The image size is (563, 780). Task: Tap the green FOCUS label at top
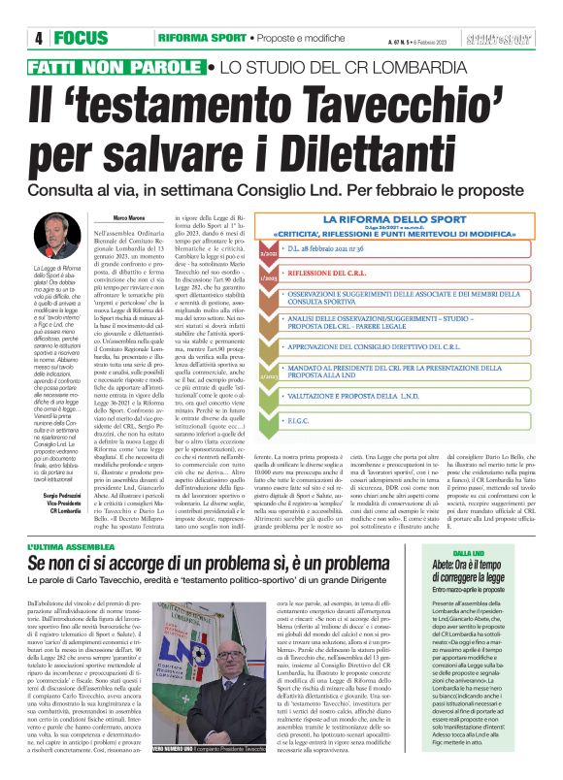click(x=82, y=38)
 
